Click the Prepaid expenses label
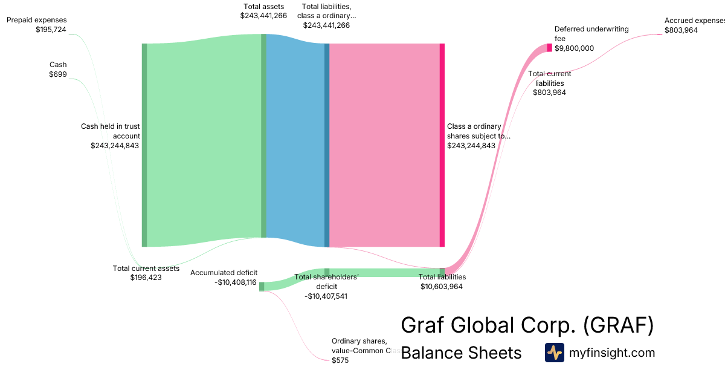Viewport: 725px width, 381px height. tap(37, 20)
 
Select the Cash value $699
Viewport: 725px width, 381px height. tap(58, 74)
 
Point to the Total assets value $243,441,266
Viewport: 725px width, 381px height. tap(263, 16)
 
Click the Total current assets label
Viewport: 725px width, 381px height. tap(146, 269)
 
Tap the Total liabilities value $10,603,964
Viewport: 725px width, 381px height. tap(442, 287)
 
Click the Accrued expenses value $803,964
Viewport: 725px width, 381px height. tap(681, 30)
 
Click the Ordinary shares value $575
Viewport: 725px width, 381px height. tap(340, 360)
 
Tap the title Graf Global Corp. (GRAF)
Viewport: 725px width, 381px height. tap(527, 326)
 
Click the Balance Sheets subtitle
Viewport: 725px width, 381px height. tap(461, 353)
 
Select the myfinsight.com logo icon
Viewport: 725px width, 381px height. tap(555, 353)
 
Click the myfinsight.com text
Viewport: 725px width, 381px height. tap(612, 353)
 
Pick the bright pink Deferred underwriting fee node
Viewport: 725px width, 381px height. tap(549, 48)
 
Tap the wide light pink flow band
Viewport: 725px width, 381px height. tap(384, 145)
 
